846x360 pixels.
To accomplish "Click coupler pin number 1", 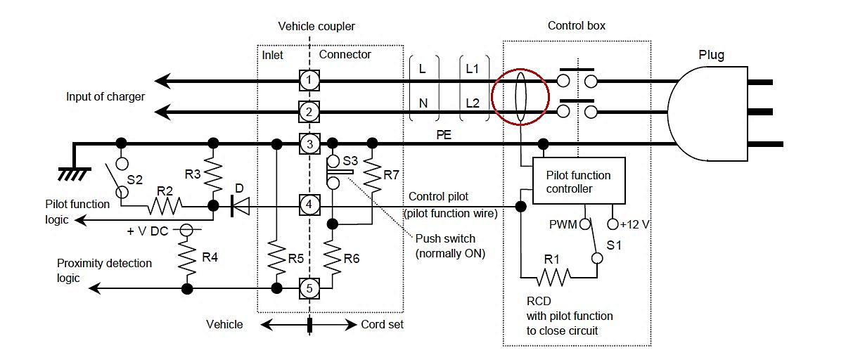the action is [309, 80].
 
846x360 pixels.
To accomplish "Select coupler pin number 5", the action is [309, 288].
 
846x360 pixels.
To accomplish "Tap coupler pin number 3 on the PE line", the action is [309, 143].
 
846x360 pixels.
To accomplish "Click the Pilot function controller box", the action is [579, 181].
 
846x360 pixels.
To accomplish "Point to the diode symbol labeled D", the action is [241, 207].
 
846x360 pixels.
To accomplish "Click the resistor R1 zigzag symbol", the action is [553, 278].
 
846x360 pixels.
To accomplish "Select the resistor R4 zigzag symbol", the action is [187, 256].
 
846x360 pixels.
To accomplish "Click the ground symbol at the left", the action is [75, 174].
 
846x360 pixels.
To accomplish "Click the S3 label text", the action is [350, 161].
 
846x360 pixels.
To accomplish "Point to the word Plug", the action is [711, 55].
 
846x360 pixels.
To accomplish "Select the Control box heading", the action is [577, 26].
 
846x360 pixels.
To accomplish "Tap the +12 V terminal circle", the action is [613, 224].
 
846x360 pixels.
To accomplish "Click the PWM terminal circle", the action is [585, 224].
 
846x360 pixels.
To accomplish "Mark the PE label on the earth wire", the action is [444, 135].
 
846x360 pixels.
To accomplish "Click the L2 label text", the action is [473, 103].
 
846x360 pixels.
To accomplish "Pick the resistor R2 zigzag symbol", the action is [165, 206].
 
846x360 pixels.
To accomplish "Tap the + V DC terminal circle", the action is [186, 229].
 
